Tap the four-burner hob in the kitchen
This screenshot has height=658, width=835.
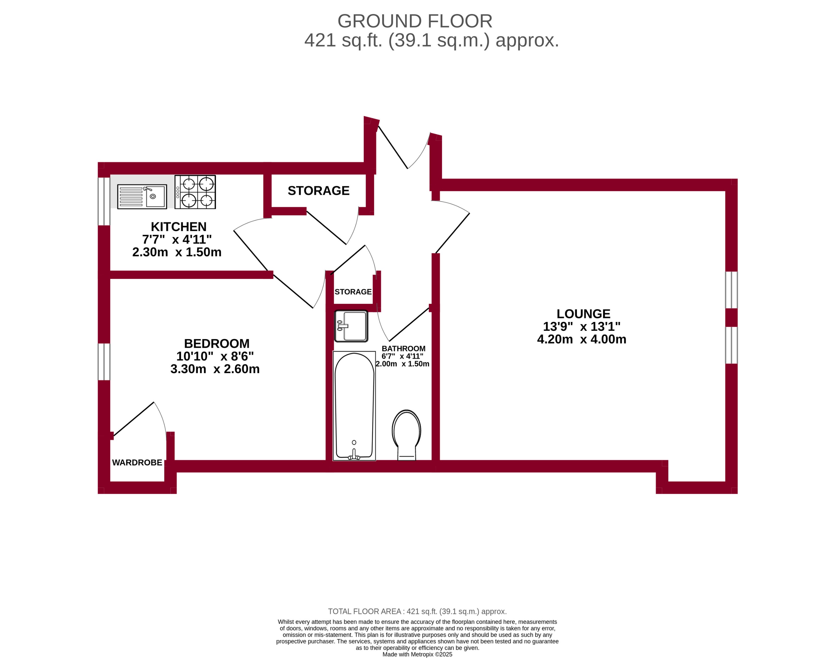[195, 192]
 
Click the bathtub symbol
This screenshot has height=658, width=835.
[354, 406]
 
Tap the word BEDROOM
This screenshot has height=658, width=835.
[217, 343]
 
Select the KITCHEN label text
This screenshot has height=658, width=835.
[178, 227]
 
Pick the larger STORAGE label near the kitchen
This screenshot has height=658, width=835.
[318, 191]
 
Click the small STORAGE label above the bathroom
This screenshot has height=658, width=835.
[353, 292]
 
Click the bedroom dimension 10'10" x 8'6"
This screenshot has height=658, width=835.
[215, 356]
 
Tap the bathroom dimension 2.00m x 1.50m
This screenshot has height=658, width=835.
[402, 364]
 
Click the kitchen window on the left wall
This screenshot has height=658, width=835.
[104, 201]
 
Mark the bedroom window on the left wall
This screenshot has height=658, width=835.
[104, 362]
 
